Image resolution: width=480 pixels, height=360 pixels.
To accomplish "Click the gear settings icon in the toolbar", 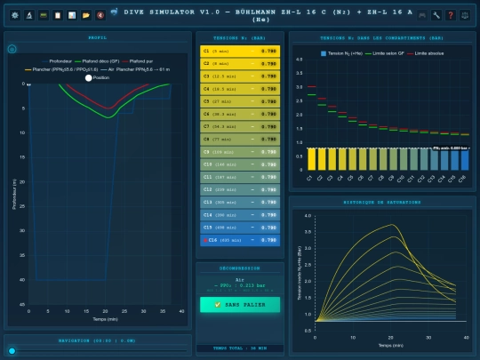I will (15, 15).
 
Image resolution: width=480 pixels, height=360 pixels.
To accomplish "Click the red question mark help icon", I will (451, 15).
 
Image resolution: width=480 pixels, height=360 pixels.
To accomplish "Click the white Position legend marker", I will (88, 77).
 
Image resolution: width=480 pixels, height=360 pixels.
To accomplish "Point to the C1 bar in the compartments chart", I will (311, 159).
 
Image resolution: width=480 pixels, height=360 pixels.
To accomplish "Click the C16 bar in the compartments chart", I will (464, 159).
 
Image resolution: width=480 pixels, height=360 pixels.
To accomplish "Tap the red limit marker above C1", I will (311, 87).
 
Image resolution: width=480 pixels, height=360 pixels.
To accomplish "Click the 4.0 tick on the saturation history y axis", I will (308, 216).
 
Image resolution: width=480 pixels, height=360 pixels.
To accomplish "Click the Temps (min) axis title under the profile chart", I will (105, 317).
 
